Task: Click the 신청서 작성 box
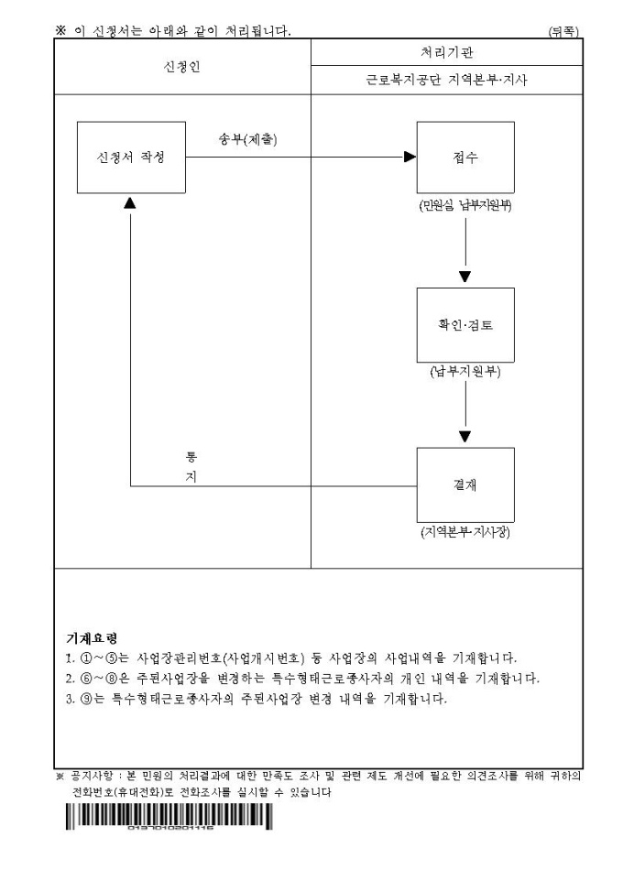132,157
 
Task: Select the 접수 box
465,157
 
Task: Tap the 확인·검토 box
465,325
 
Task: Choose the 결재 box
465,485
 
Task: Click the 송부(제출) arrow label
247,140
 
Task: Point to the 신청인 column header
180,67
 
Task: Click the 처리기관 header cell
446,54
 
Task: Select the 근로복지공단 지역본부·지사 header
446,80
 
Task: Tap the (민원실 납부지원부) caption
465,206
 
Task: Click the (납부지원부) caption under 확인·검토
465,373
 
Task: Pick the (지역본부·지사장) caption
465,533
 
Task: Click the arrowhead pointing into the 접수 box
410,157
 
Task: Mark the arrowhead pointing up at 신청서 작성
131,200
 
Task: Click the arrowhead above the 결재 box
465,435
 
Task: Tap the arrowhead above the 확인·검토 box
465,276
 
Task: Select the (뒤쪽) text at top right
563,32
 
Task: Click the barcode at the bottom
169,818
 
